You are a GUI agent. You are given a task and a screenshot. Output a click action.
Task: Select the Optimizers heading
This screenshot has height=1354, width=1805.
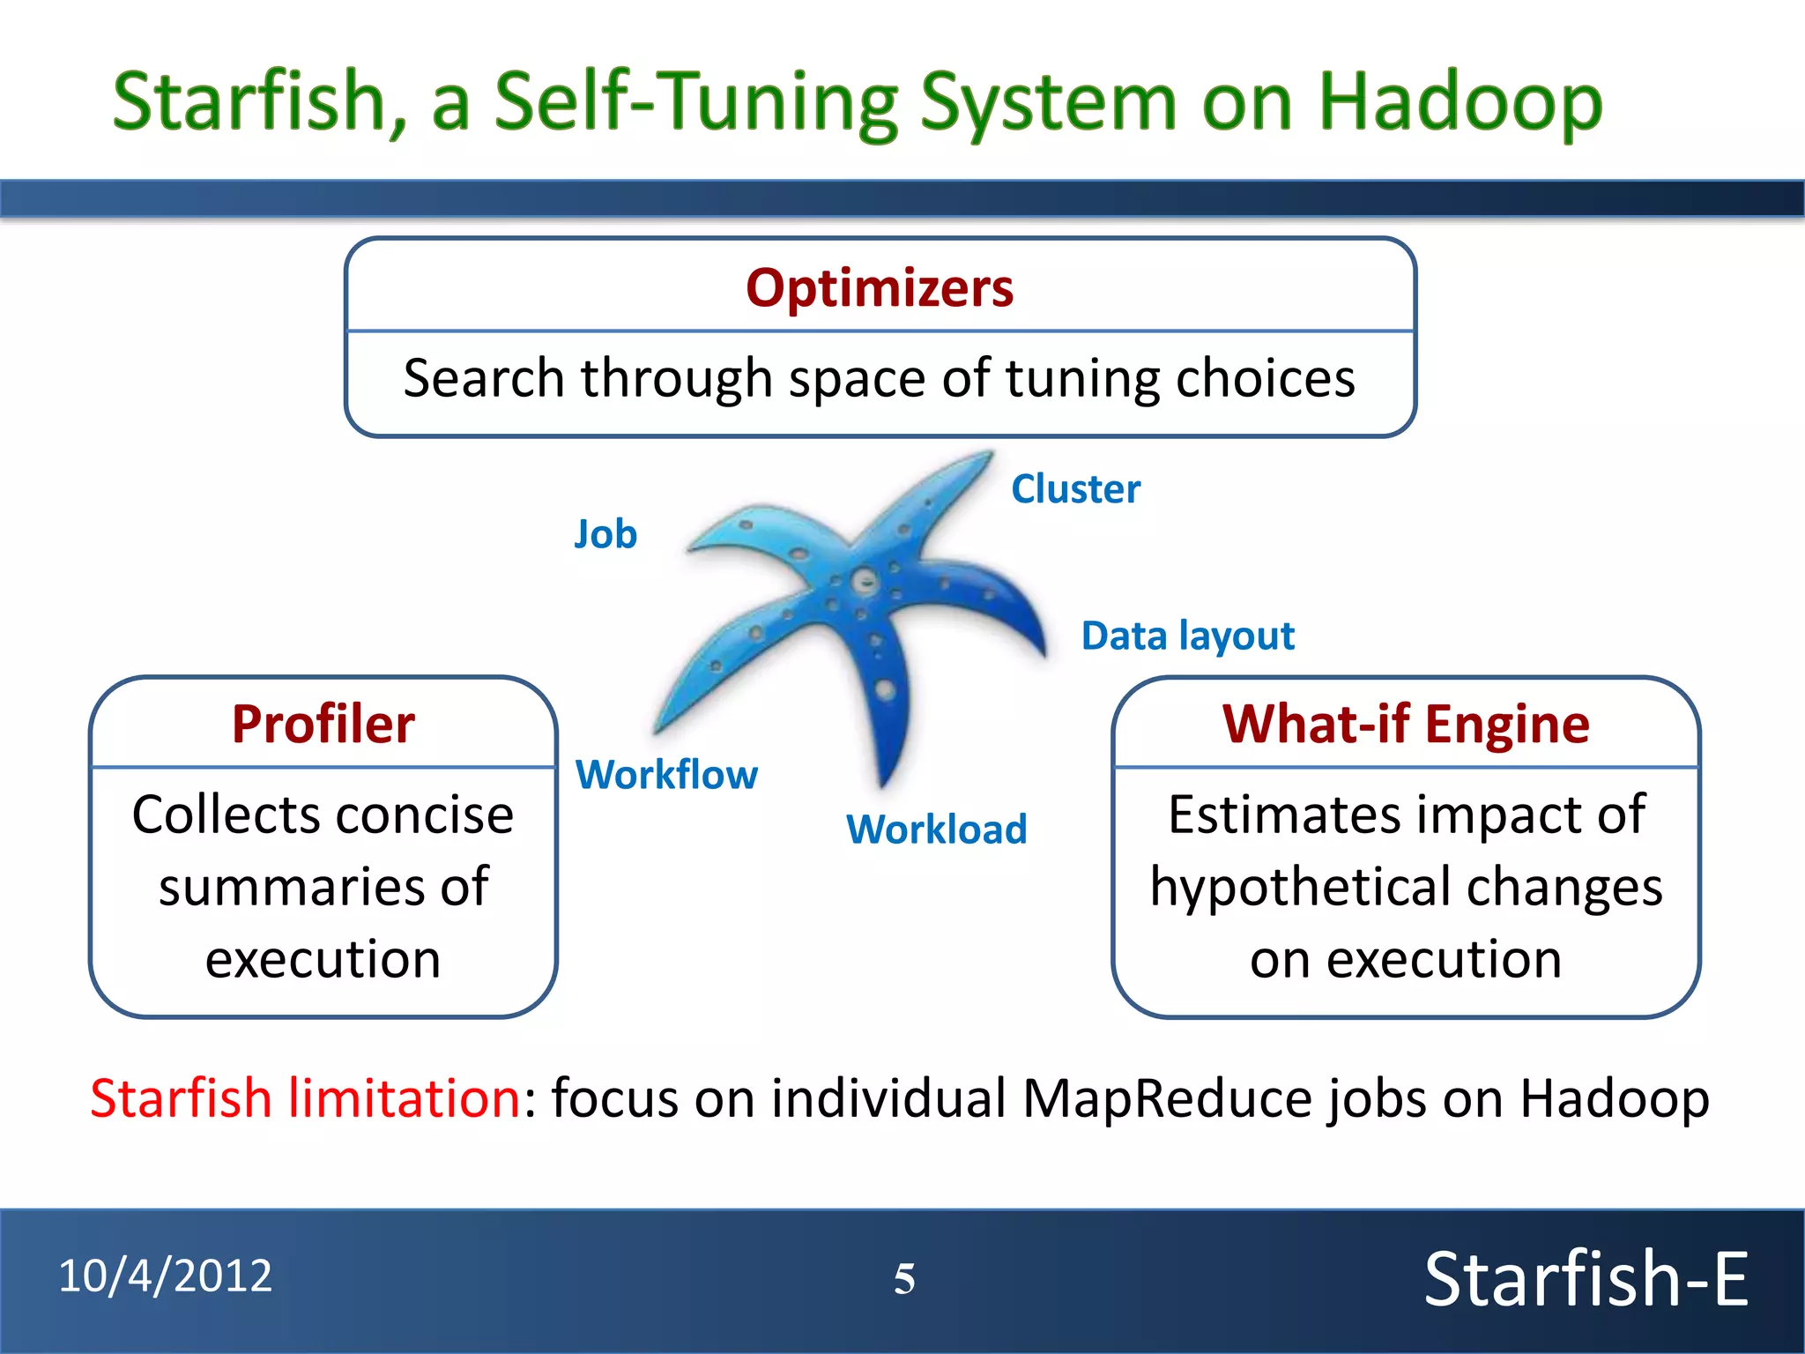880,288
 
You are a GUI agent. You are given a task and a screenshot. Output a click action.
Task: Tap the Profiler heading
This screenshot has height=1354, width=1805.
323,725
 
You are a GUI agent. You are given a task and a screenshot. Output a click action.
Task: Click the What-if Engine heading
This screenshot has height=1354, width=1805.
1406,725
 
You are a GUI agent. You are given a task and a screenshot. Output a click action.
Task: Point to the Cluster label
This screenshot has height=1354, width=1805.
1075,489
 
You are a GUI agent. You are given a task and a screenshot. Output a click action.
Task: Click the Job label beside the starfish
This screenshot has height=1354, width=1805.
605,534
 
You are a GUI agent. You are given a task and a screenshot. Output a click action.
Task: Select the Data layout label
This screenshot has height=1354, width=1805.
1187,636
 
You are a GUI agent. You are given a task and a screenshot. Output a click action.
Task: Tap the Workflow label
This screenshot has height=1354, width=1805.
666,775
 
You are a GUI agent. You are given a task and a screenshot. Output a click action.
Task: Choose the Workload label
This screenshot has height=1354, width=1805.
937,830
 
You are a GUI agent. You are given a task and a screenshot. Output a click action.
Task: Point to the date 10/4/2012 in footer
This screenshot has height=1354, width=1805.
166,1276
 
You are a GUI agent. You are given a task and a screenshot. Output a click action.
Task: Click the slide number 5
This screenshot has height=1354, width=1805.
904,1279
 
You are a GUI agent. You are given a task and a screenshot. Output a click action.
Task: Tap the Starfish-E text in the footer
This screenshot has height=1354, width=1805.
1586,1279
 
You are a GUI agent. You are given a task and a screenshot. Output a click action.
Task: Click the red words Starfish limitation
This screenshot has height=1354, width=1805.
306,1098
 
